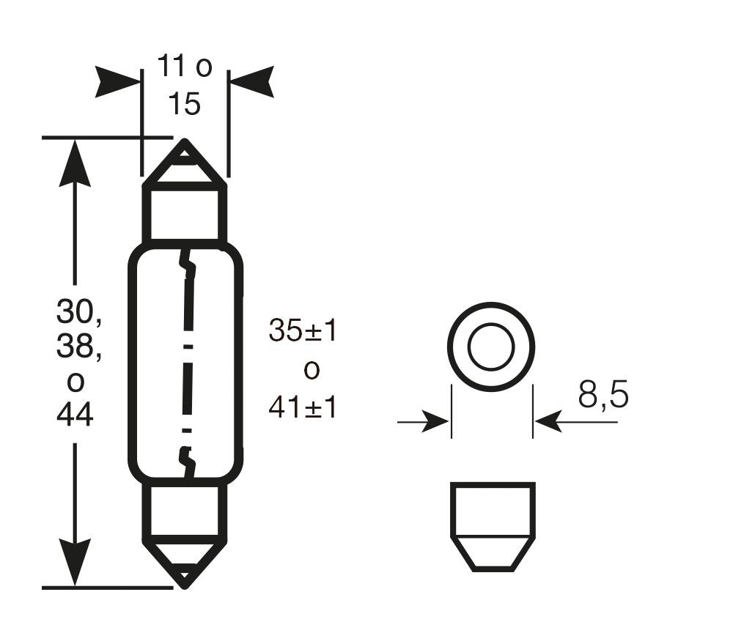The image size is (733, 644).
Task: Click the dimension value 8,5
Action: click(603, 396)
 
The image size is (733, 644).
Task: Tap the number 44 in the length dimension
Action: click(75, 415)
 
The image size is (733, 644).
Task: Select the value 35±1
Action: click(303, 331)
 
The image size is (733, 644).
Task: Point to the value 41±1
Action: click(303, 407)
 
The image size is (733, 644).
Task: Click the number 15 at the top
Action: click(183, 104)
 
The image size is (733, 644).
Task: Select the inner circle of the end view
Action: click(491, 346)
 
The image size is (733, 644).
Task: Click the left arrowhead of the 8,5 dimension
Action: click(435, 422)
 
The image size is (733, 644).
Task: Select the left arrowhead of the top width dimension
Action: click(117, 81)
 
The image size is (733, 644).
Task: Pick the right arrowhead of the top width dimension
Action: click(251, 81)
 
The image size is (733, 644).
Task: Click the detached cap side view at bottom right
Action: click(492, 525)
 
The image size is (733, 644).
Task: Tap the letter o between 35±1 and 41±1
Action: click(312, 370)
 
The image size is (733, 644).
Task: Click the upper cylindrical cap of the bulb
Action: click(185, 212)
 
